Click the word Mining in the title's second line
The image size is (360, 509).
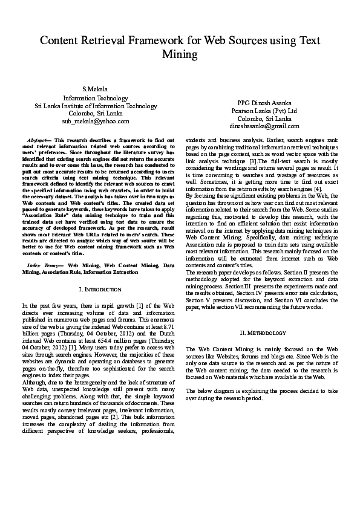click(180, 54)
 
